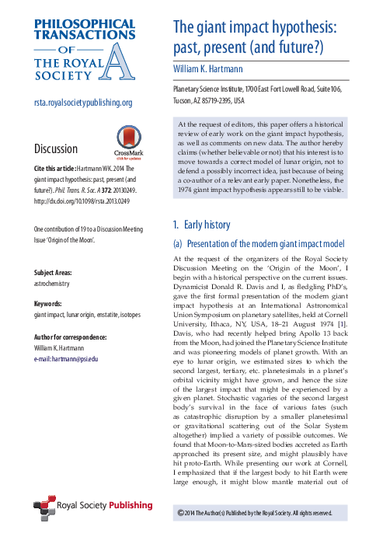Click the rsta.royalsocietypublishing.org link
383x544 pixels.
(83, 103)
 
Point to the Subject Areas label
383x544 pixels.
(56, 274)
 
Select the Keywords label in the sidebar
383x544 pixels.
(51, 305)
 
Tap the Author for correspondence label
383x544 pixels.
(75, 337)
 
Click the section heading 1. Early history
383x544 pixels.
(202, 225)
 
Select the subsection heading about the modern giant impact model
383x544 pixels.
(257, 244)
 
